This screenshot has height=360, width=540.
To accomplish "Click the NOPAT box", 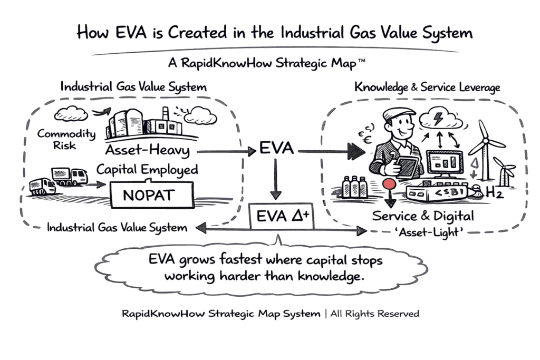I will click(148, 196).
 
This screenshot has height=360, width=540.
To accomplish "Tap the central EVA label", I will click(276, 149).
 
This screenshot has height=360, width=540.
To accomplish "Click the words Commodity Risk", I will click(65, 139).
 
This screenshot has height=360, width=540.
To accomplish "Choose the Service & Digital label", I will click(423, 216).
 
